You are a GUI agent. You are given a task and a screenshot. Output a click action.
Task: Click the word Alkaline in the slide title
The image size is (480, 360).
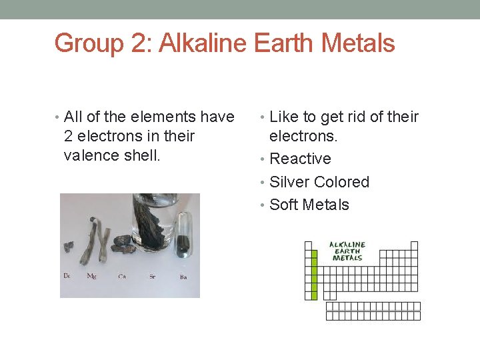tap(204, 44)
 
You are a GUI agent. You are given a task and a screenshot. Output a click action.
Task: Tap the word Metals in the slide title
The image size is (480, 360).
tap(358, 44)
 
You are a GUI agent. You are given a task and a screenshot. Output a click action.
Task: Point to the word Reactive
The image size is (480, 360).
tap(300, 159)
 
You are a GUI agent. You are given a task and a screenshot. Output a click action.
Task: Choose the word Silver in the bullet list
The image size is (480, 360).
tap(289, 182)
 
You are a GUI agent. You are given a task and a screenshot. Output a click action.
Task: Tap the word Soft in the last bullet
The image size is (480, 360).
tap(283, 205)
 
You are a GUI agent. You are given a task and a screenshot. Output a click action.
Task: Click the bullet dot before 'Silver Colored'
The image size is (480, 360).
tap(263, 183)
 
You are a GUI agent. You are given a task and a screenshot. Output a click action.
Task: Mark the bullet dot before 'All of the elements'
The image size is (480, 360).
tap(58, 117)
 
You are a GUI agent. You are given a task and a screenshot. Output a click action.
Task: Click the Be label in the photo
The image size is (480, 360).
tap(67, 276)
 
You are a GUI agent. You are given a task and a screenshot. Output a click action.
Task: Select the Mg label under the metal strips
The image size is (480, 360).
tap(91, 276)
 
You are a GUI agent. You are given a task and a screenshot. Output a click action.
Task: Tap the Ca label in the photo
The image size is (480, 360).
tap(122, 276)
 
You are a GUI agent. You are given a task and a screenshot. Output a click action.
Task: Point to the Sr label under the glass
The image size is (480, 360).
tap(153, 276)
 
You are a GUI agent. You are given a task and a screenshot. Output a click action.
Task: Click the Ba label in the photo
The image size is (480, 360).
tap(183, 277)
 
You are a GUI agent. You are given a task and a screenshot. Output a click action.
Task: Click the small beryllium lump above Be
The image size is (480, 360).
tap(68, 247)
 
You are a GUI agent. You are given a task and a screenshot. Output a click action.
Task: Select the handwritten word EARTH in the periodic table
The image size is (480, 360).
tap(347, 251)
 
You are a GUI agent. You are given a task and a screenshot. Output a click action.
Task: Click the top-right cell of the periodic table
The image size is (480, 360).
tap(414, 245)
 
